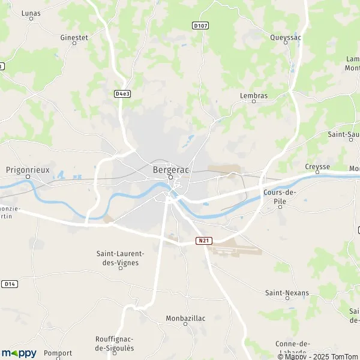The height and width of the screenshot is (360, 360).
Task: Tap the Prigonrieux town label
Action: [x=27, y=169]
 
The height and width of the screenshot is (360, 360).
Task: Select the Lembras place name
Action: [x=253, y=95]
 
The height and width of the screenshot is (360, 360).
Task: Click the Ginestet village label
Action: [x=74, y=37]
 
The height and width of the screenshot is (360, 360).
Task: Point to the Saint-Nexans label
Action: [x=287, y=293]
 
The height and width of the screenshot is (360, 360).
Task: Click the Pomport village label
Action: [x=58, y=353]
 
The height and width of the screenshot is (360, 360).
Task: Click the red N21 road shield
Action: [x=203, y=241]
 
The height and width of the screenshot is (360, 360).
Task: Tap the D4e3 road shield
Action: [x=122, y=94]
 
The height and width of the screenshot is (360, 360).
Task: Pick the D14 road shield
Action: [x=9, y=283]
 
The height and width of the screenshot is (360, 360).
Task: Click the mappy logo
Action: [x=19, y=353]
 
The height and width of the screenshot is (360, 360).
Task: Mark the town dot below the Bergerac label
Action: [x=170, y=177]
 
